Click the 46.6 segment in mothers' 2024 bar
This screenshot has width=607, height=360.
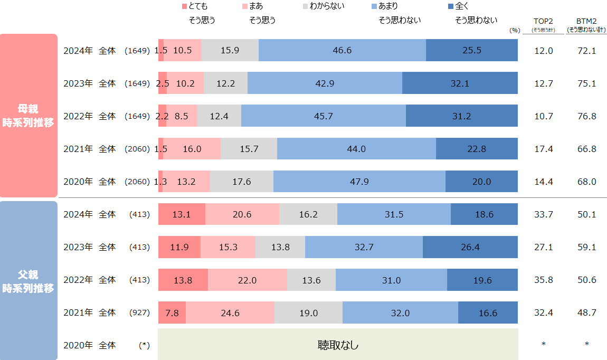click(x=342, y=51)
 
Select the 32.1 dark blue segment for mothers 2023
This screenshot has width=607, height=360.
click(x=460, y=83)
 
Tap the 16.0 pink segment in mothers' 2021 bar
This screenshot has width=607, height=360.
click(x=192, y=149)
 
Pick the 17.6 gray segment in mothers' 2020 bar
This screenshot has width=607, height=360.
click(x=241, y=182)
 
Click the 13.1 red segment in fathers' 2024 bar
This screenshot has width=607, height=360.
click(x=182, y=214)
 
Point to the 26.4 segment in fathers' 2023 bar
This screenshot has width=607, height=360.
click(x=470, y=247)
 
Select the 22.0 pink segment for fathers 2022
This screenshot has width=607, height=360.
click(x=247, y=280)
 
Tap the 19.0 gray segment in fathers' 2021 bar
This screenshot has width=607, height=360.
click(x=308, y=312)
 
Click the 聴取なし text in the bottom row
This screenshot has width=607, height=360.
click(x=338, y=345)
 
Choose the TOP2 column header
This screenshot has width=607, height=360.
click(x=543, y=21)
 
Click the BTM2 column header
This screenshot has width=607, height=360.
click(x=586, y=21)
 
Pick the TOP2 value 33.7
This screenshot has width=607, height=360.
click(x=543, y=214)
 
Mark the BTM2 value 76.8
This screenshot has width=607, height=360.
click(x=586, y=116)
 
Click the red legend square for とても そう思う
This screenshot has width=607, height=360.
click(x=184, y=6)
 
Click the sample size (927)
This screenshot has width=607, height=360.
click(x=140, y=312)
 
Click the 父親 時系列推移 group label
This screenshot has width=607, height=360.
click(x=29, y=281)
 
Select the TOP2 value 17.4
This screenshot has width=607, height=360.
click(x=543, y=149)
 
